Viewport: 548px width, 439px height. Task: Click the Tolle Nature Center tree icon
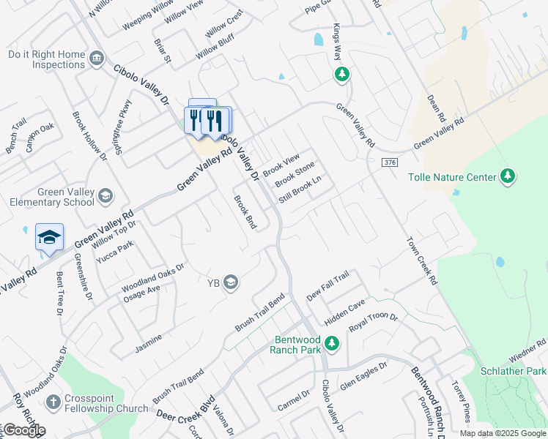(507, 176)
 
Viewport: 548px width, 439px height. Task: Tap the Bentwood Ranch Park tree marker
(332, 342)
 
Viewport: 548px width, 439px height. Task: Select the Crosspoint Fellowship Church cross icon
(53, 402)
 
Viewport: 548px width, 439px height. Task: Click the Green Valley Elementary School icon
(105, 195)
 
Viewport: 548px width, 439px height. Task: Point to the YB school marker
(231, 282)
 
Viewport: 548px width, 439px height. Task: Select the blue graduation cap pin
(49, 237)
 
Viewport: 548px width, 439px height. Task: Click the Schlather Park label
(513, 371)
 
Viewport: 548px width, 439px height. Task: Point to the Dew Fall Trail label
(327, 285)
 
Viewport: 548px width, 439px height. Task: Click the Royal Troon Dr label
(373, 323)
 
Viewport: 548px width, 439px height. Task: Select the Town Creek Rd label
(421, 260)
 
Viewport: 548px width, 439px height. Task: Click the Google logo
(23, 430)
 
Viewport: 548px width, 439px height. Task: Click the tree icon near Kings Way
(341, 74)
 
